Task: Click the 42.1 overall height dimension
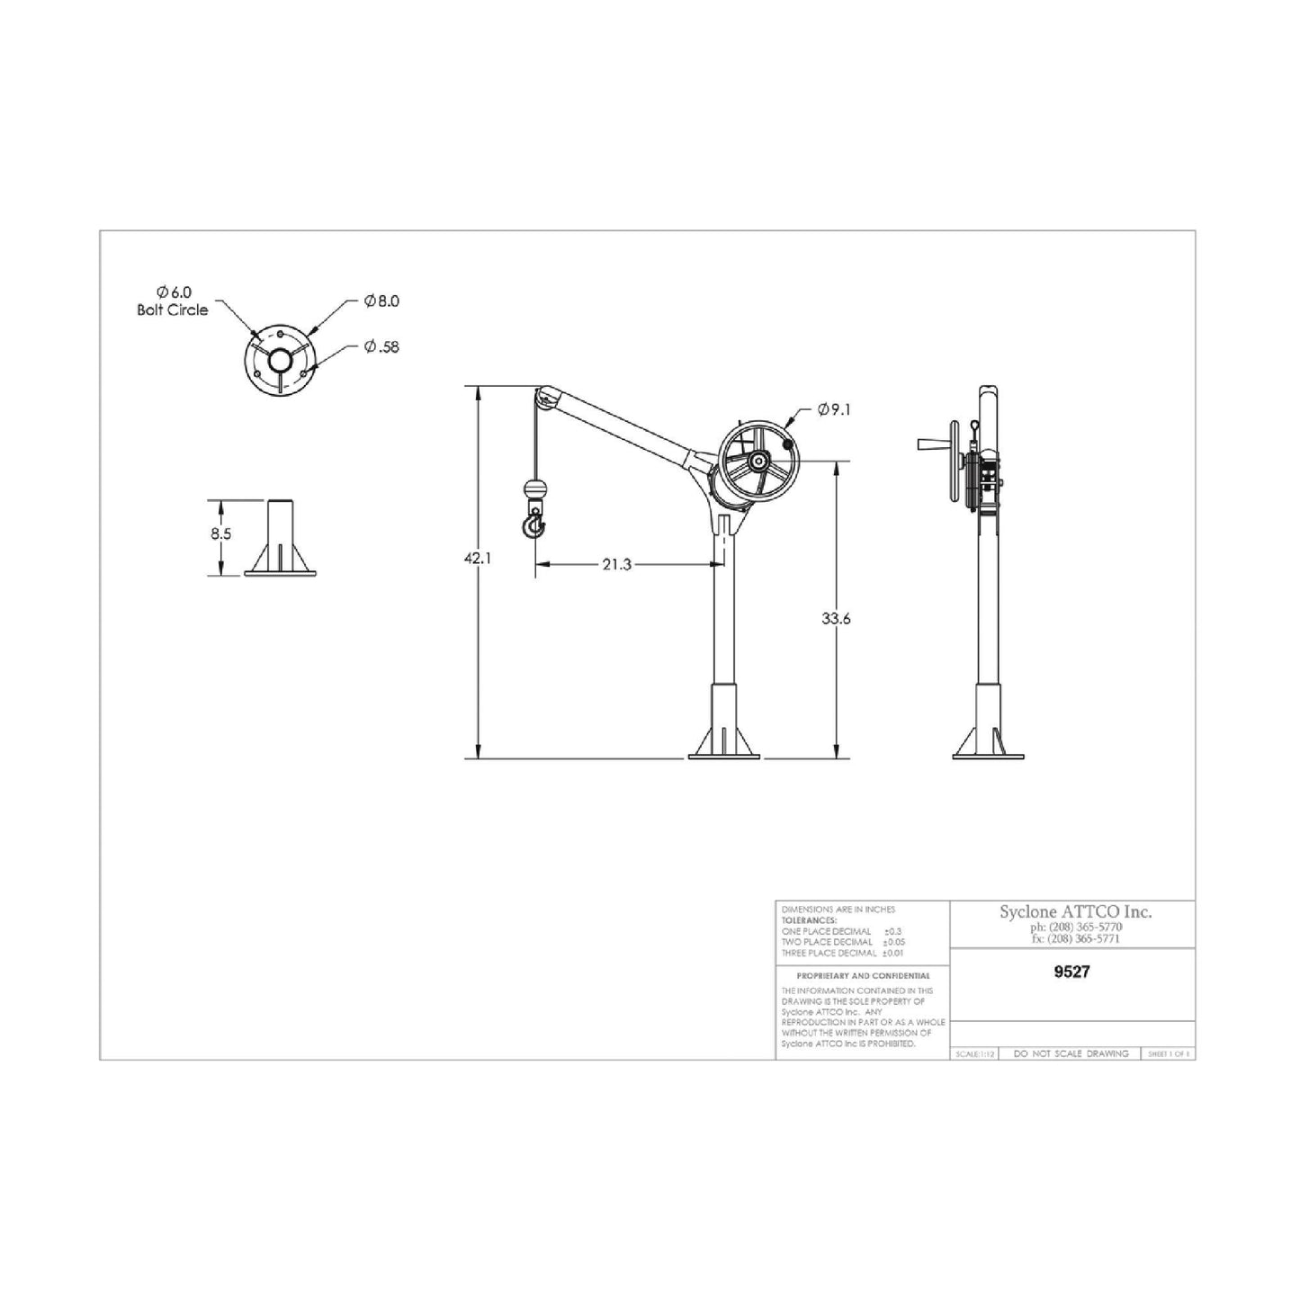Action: pos(477,558)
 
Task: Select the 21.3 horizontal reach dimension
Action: pos(616,565)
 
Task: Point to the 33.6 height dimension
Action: pos(836,619)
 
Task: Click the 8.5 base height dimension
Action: pos(220,533)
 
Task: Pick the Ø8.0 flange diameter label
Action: pos(381,301)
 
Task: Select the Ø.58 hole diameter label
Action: pos(381,346)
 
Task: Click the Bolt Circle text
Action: pos(172,309)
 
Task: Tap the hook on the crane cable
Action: pos(533,524)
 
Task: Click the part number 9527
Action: pos(1071,972)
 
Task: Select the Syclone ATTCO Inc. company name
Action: pos(1075,911)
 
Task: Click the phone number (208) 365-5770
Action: pos(1075,927)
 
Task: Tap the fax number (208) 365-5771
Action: pos(1075,938)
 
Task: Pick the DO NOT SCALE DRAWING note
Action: pos(1071,1053)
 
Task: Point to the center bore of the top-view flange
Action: pos(280,361)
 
